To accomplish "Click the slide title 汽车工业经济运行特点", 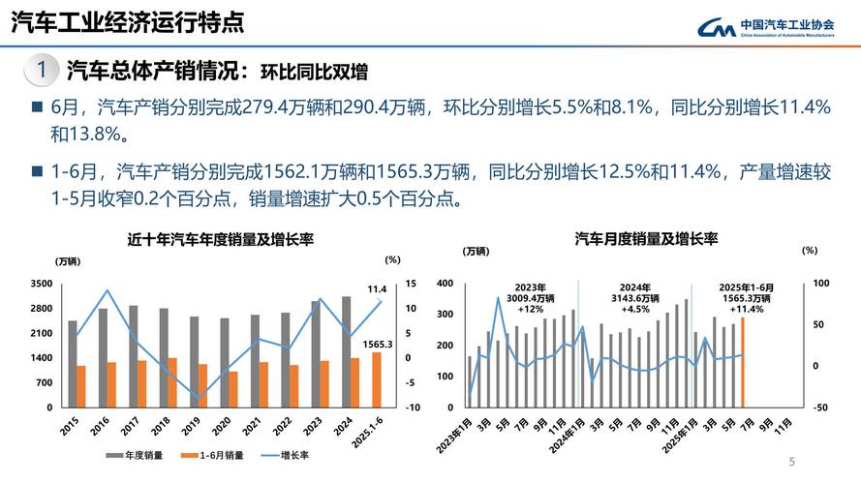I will pyautogui.click(x=126, y=21).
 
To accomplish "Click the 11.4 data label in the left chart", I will pyautogui.click(x=377, y=288).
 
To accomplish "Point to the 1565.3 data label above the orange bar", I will pyautogui.click(x=377, y=344).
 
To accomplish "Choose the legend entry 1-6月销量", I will pyautogui.click(x=217, y=454).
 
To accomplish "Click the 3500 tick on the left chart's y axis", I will pyautogui.click(x=42, y=284).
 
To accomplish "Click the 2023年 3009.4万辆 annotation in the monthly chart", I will pyautogui.click(x=530, y=298).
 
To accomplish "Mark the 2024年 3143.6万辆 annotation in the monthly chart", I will pyautogui.click(x=636, y=298).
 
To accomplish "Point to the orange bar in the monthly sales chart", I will pyautogui.click(x=743, y=362).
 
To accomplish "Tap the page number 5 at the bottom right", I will pyautogui.click(x=792, y=461).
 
